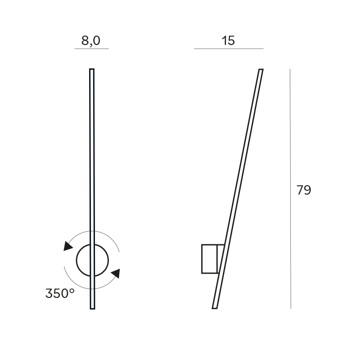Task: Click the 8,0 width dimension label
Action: [91, 41]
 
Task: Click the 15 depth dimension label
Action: [228, 40]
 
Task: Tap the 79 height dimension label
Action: [304, 190]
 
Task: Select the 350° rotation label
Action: [60, 293]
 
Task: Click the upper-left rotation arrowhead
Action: [67, 246]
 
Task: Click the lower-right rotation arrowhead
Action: [116, 273]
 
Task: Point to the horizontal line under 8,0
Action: [92, 49]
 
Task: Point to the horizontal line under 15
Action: [229, 49]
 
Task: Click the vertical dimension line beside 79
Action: [290, 189]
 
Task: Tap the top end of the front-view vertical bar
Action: [92, 69]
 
